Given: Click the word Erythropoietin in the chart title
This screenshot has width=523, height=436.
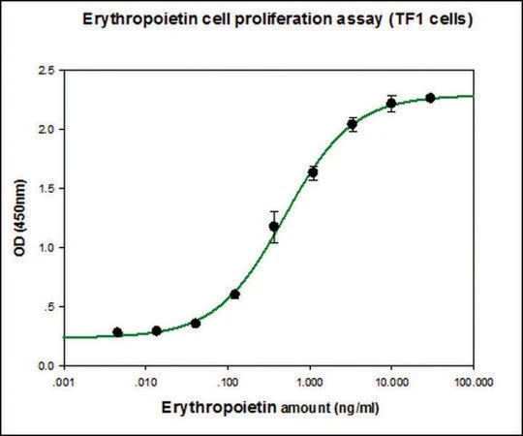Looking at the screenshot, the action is coord(139,19).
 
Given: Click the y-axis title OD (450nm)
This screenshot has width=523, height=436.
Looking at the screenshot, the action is coord(19,217).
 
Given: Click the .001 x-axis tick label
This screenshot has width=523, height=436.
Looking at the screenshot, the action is coord(63,383).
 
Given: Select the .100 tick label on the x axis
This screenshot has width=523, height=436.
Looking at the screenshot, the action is coord(228,383).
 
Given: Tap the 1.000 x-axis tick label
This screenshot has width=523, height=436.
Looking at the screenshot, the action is coord(310,383).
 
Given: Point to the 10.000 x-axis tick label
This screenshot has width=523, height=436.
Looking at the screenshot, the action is coord(392,383).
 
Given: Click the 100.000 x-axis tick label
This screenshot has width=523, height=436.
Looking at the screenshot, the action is coord(474,383).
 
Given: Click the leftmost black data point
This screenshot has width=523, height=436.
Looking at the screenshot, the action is coord(117,332).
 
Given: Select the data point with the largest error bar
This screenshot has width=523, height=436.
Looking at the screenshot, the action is coord(274,227).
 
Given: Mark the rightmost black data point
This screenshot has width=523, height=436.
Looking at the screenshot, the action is coord(430,98).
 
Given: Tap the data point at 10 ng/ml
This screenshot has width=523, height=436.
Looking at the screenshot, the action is coord(391,104).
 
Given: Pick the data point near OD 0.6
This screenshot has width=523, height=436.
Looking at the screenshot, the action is coord(234,295).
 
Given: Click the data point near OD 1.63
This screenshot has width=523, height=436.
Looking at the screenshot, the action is coord(313,172).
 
